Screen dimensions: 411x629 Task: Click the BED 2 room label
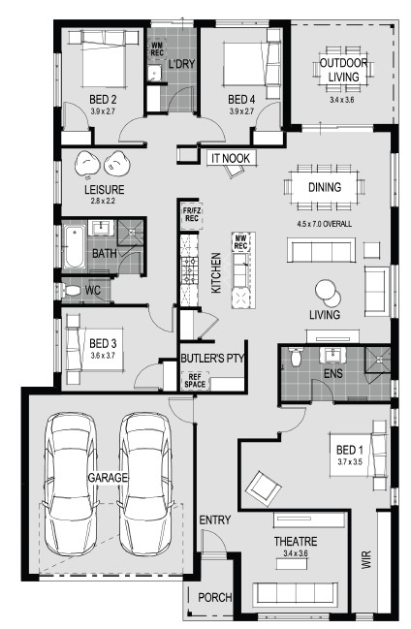[103, 99]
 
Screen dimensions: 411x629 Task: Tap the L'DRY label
[181, 64]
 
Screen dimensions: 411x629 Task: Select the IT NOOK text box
[231, 158]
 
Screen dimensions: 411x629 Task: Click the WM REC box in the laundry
[157, 48]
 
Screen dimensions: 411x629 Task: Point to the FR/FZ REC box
[192, 214]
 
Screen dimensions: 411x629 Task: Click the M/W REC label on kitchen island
[240, 242]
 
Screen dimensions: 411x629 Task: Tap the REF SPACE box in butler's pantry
[195, 381]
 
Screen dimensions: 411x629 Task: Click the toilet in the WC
[69, 291]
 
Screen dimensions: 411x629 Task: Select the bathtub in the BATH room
[75, 247]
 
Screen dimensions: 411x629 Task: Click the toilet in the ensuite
[297, 357]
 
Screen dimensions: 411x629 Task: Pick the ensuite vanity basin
[332, 355]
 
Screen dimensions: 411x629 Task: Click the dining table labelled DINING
[325, 187]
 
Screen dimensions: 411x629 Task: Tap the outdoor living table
[343, 69]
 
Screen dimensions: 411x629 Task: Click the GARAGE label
[108, 478]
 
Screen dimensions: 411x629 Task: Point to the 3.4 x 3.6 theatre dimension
[295, 553]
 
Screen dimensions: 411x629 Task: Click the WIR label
[366, 559]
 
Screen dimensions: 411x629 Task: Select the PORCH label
[215, 598]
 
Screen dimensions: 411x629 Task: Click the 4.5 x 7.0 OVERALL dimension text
[325, 224]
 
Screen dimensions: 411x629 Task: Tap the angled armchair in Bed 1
[264, 488]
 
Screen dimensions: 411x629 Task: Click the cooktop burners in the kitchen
[189, 271]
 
